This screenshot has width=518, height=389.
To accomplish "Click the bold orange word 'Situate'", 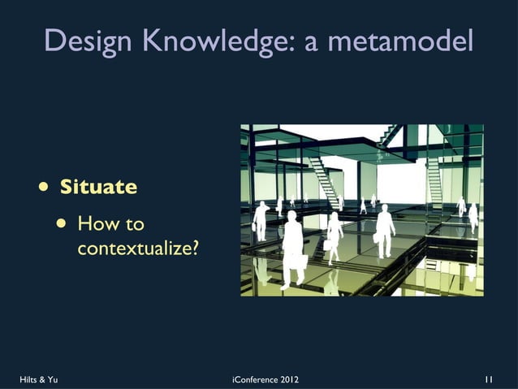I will pyautogui.click(x=98, y=187).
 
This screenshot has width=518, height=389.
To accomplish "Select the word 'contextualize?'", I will pyautogui.click(x=138, y=248).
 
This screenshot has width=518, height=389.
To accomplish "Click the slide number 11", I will pyautogui.click(x=489, y=378).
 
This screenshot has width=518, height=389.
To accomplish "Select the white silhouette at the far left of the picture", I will pyautogui.click(x=261, y=219).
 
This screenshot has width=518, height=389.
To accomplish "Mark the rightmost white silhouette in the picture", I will pyautogui.click(x=473, y=215).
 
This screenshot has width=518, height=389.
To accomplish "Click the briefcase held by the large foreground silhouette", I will pyautogui.click(x=300, y=261).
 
